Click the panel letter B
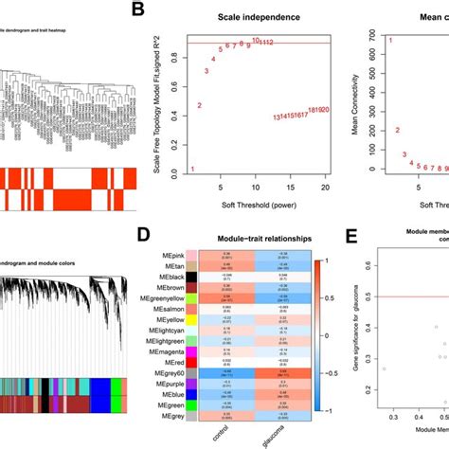coord(138,11)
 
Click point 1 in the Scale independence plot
coord(192,170)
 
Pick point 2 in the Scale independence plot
coord(200,106)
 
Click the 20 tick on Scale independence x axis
coord(325,182)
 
